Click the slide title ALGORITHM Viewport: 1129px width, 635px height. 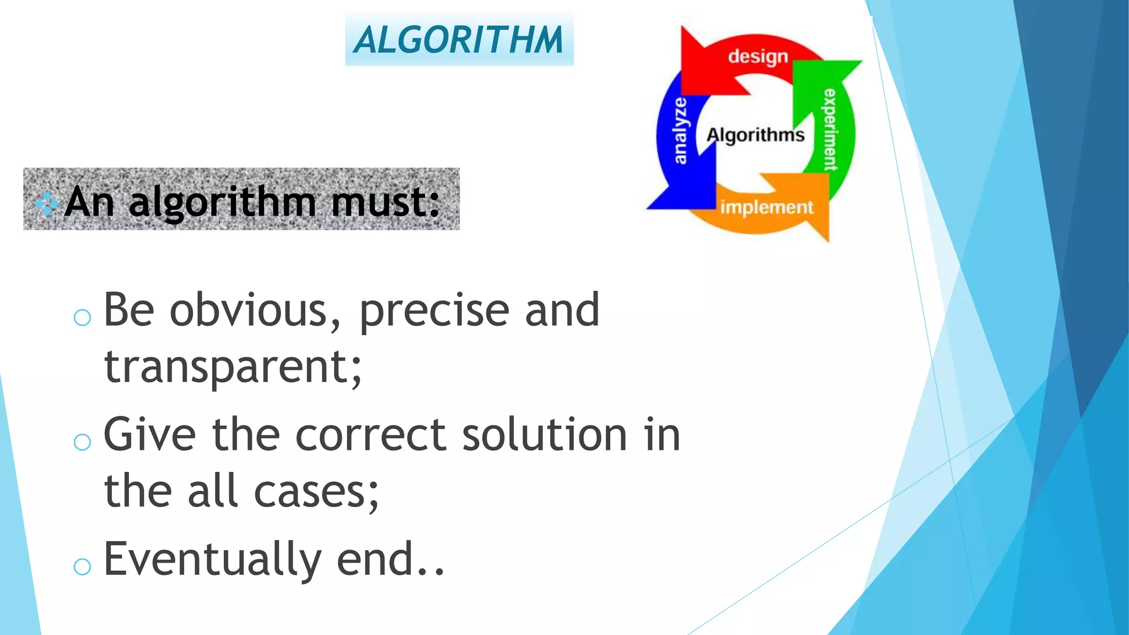(x=459, y=40)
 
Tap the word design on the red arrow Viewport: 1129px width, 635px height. (x=758, y=57)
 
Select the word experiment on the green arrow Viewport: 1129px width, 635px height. (x=830, y=130)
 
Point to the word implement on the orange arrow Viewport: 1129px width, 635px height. (x=766, y=207)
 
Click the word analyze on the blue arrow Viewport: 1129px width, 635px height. (x=681, y=131)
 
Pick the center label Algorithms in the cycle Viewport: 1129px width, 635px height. (x=755, y=134)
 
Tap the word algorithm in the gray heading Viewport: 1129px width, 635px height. (x=223, y=203)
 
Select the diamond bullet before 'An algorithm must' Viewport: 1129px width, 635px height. (x=47, y=203)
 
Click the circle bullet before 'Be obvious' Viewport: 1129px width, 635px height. (x=82, y=317)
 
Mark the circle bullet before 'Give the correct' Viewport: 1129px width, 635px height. (x=82, y=442)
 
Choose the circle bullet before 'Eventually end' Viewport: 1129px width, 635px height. (x=82, y=566)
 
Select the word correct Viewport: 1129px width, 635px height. (x=370, y=435)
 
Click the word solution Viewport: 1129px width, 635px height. (x=544, y=435)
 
